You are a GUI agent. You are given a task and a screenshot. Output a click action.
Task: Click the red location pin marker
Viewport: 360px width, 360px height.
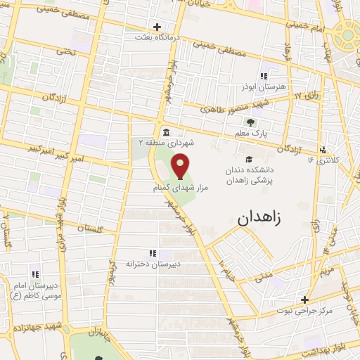tap(181, 167)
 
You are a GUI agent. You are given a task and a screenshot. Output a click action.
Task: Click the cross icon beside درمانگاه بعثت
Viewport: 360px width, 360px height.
tap(147, 27)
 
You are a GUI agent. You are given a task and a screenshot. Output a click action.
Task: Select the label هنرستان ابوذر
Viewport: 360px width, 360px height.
tap(264, 86)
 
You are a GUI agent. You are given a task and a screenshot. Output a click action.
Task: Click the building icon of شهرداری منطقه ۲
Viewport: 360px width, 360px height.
tap(165, 132)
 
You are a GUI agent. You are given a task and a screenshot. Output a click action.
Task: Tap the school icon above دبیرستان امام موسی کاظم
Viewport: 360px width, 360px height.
tap(34, 274)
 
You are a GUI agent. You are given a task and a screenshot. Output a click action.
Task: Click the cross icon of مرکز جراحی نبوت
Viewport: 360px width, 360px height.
tap(304, 299)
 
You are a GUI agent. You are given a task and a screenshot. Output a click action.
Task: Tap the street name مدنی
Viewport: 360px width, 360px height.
tap(264, 276)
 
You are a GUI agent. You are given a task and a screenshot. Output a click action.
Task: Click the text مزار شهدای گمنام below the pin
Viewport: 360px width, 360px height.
tap(175, 189)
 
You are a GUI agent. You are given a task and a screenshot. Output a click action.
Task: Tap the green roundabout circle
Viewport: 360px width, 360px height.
tap(348, 34)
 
